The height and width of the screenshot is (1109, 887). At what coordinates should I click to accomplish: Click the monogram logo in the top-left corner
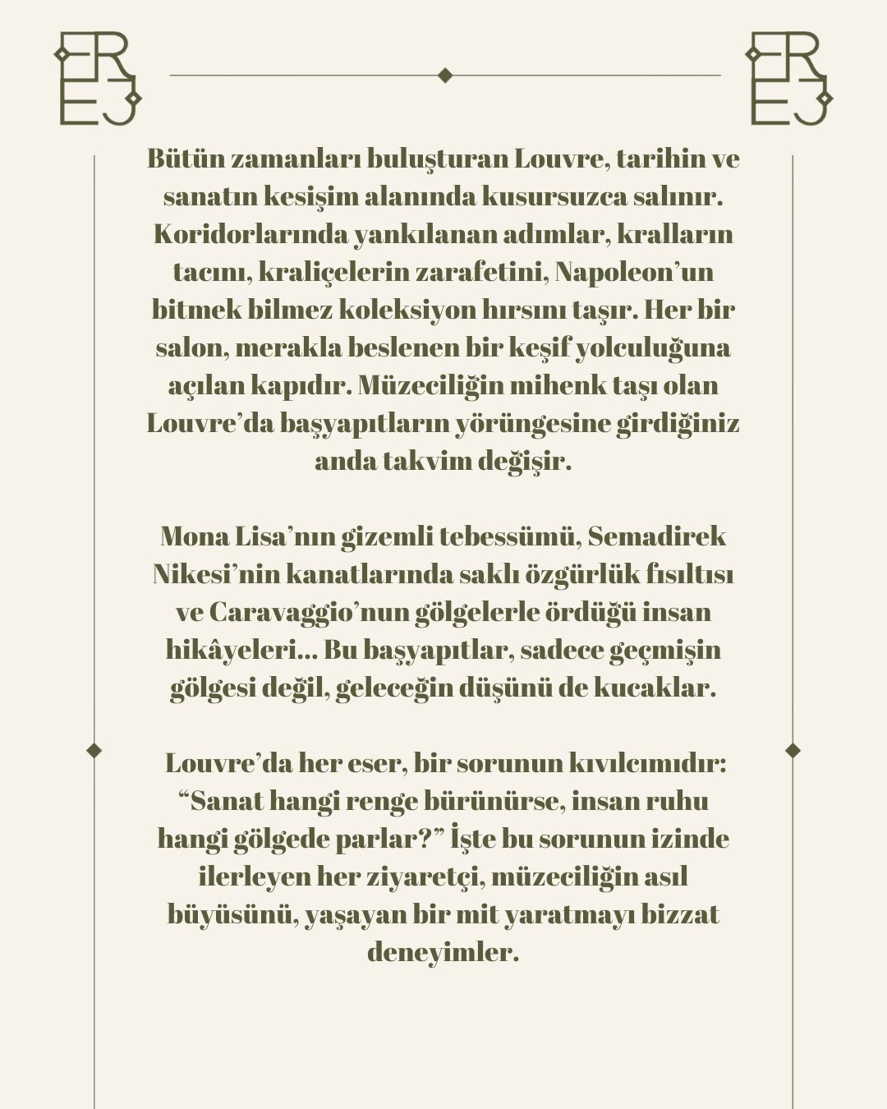tap(97, 79)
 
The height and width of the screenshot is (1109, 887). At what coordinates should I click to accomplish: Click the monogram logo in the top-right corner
tap(788, 79)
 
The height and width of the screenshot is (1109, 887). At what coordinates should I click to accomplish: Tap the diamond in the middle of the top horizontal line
tap(445, 76)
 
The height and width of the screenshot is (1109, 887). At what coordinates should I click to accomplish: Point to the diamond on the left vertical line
tap(94, 750)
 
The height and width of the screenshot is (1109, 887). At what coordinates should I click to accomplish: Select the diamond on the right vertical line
tap(793, 750)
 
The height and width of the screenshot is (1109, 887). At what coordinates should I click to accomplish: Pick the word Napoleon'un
tap(634, 272)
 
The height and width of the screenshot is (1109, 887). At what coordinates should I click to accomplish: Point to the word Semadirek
tap(657, 537)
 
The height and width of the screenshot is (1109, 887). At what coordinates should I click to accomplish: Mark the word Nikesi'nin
tap(216, 575)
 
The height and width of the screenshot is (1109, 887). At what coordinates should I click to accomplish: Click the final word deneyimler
tap(443, 953)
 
